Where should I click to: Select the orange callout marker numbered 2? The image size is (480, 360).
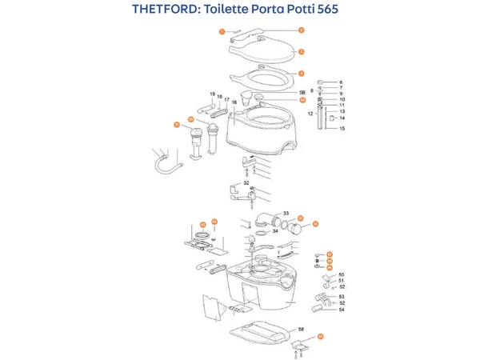pyautogui.click(x=301, y=29)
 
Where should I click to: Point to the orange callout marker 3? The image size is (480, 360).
pyautogui.click(x=301, y=50)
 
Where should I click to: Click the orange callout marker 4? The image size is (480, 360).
pyautogui.click(x=301, y=73)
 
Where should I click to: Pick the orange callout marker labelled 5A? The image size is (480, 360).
pyautogui.click(x=302, y=100)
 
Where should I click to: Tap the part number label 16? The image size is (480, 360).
pyautogui.click(x=235, y=102)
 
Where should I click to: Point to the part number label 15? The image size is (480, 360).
pyautogui.click(x=342, y=128)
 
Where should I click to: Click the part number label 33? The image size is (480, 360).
pyautogui.click(x=286, y=214)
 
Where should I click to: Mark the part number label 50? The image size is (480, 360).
pyautogui.click(x=341, y=274)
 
